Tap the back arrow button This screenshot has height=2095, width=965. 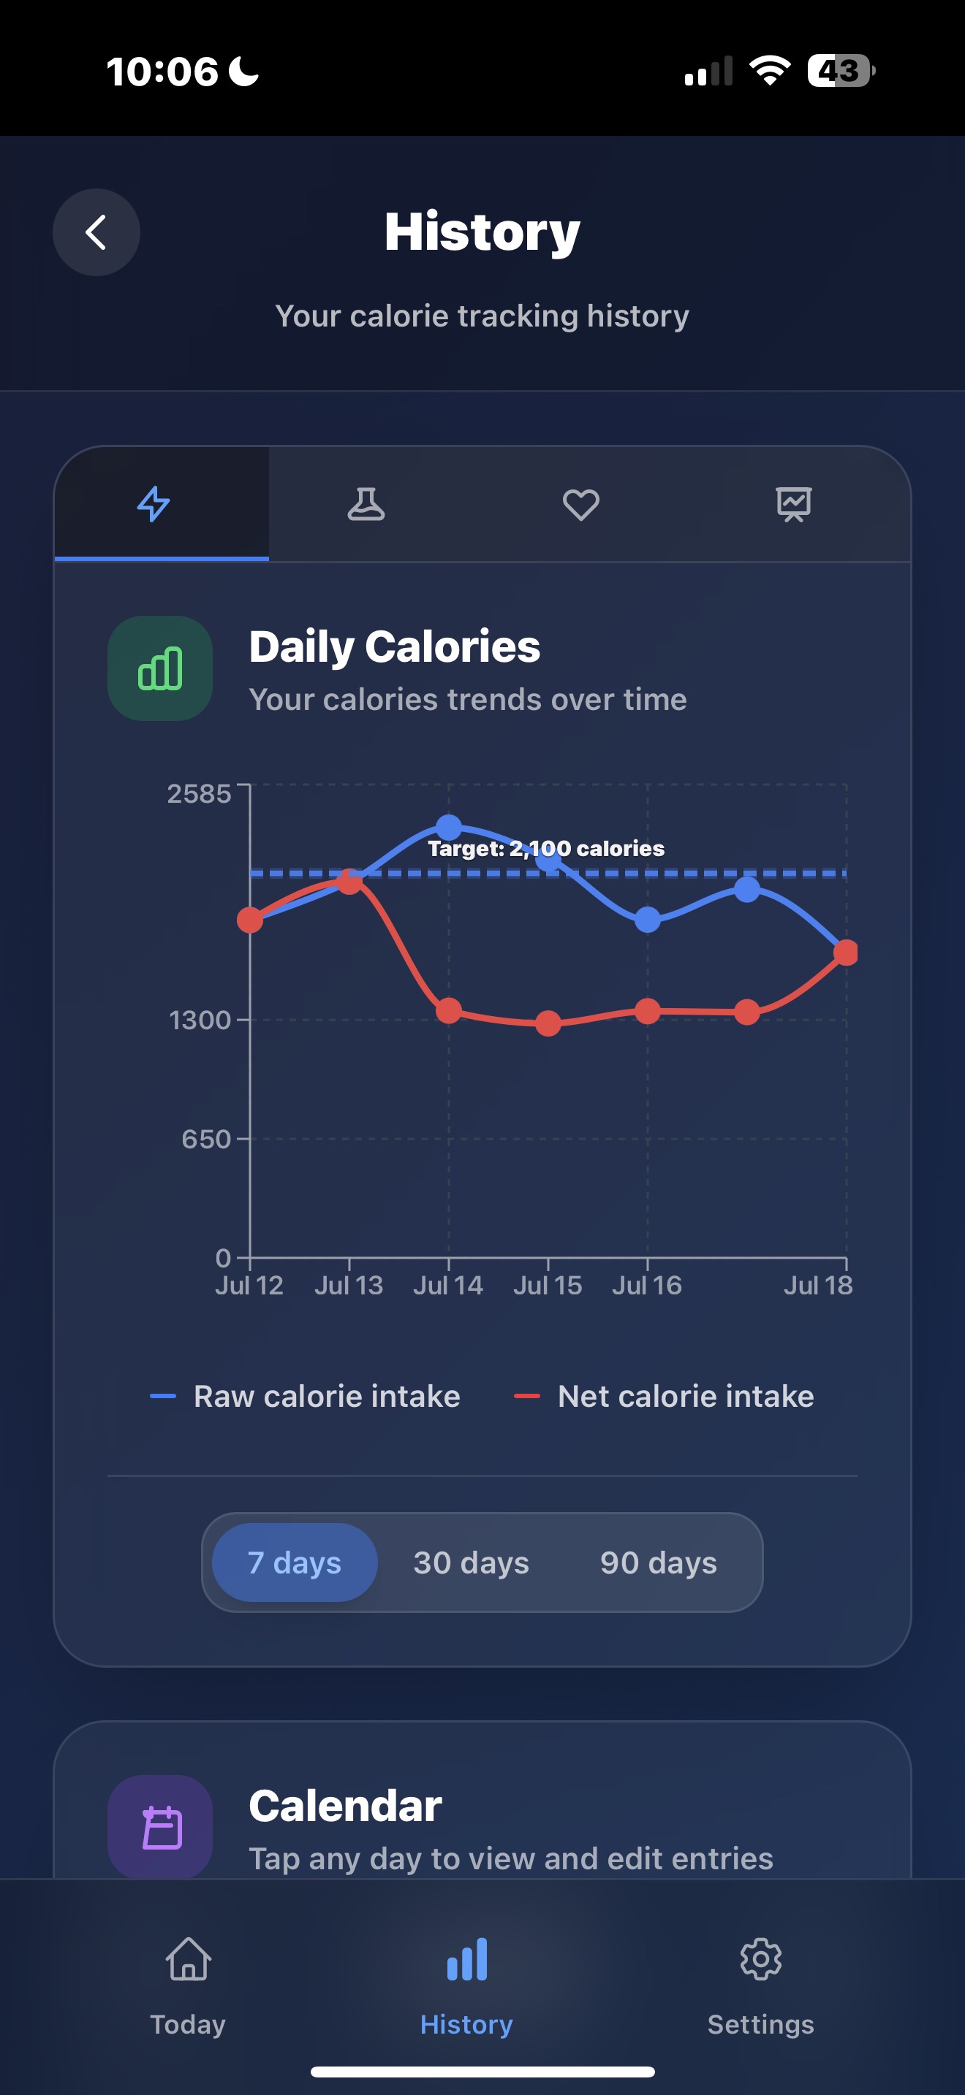(x=96, y=232)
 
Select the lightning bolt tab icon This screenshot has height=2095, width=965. (x=154, y=504)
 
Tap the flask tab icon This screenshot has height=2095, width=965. (x=366, y=504)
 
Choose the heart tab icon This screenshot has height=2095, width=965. (x=581, y=504)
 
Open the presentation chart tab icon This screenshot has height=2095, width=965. (x=793, y=504)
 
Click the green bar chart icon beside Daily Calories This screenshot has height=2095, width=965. (x=160, y=668)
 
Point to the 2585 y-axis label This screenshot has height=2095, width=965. (x=200, y=794)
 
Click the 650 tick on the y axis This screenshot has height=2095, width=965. (x=207, y=1140)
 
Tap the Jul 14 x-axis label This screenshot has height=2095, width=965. (x=447, y=1285)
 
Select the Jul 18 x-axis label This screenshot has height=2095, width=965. (x=818, y=1285)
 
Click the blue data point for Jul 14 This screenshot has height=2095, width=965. (x=448, y=828)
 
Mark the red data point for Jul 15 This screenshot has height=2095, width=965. (x=548, y=1023)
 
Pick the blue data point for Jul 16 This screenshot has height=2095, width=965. (x=648, y=920)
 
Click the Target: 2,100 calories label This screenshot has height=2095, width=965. (x=546, y=849)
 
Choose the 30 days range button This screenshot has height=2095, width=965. (x=471, y=1562)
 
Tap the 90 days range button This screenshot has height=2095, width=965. (x=658, y=1562)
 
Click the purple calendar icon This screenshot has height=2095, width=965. (x=160, y=1828)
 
